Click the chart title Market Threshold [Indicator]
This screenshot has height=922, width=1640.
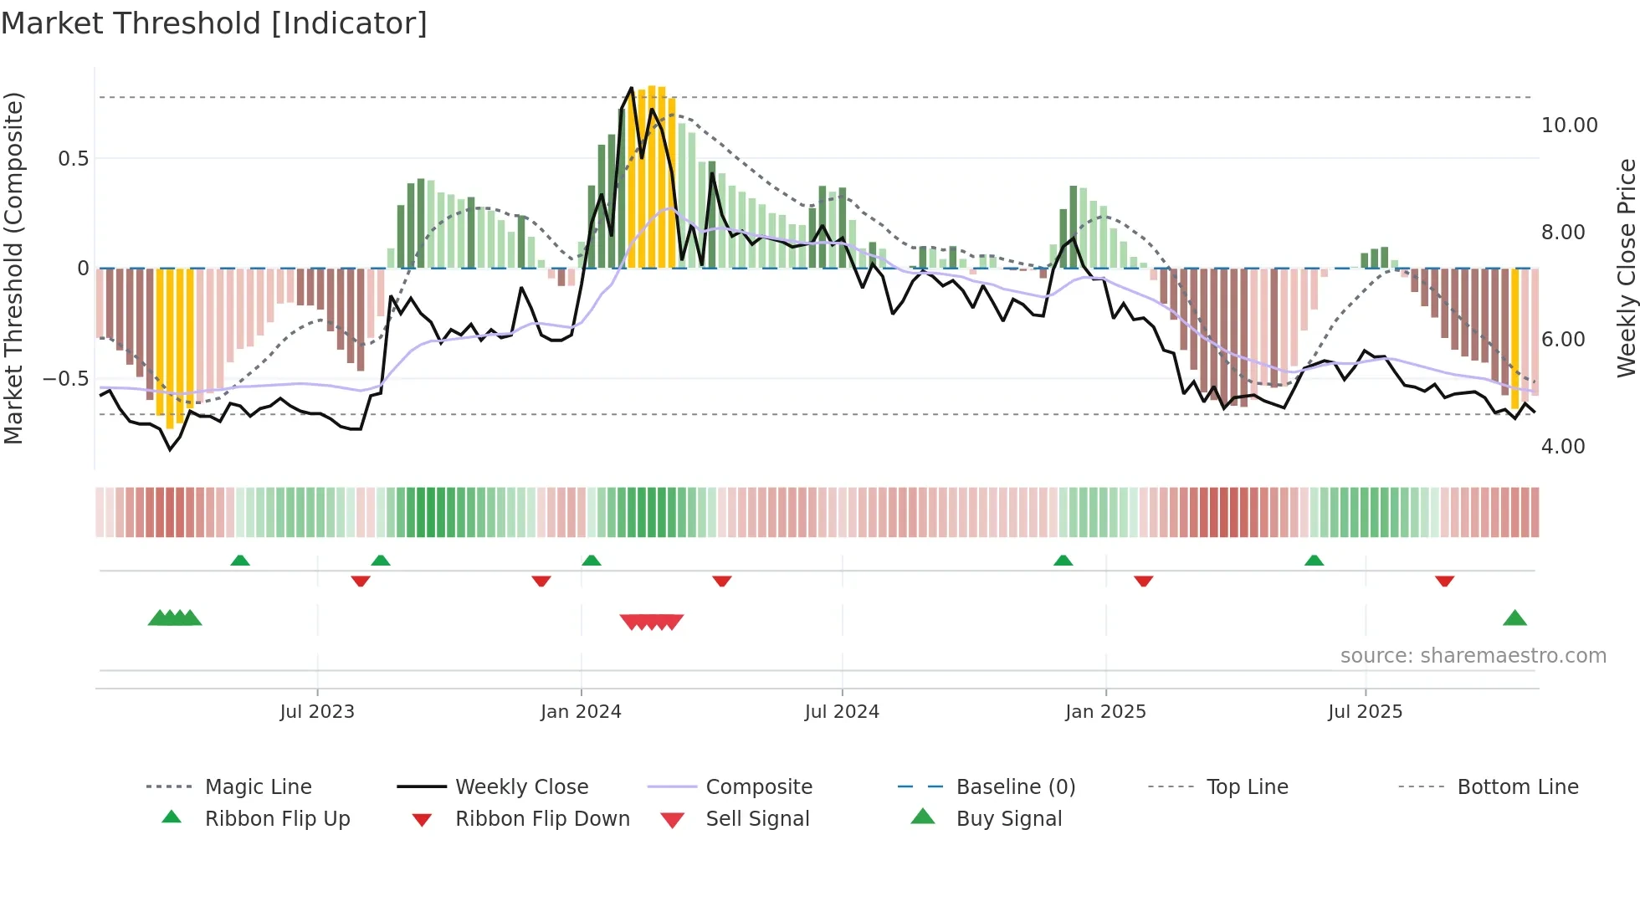(x=214, y=23)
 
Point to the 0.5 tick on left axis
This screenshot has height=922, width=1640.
(x=73, y=159)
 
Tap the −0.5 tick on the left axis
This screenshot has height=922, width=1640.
(x=65, y=379)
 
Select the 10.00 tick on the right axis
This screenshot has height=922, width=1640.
(x=1569, y=125)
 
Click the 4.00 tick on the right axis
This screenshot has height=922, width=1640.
(x=1562, y=447)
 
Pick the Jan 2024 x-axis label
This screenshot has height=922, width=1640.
(x=581, y=712)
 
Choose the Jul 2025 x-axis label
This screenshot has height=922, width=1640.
(x=1365, y=712)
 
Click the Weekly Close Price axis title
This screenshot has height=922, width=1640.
(x=1626, y=268)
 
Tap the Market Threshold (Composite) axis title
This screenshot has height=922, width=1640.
(x=13, y=268)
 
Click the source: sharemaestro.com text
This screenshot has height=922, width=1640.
(x=1473, y=656)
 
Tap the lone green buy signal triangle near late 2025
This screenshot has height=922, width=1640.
(x=1514, y=619)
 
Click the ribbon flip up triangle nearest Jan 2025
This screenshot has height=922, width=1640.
(x=1063, y=561)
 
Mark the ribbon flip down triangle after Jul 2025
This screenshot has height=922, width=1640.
(x=1444, y=581)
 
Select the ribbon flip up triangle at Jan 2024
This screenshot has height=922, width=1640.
(x=592, y=561)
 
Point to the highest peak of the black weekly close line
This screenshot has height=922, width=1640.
(x=632, y=88)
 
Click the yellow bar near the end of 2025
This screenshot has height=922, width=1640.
(x=1514, y=335)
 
